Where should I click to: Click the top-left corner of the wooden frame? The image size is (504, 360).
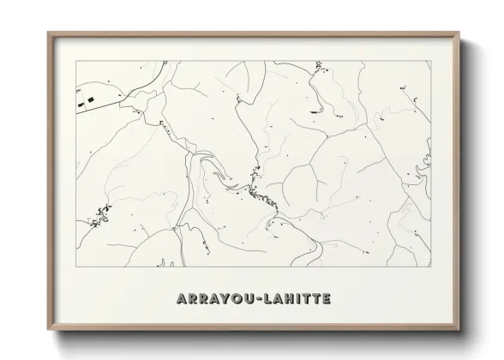coord(48,33)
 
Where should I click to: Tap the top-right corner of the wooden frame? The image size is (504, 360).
coord(460,33)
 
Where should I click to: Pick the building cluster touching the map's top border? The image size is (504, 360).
coord(318,64)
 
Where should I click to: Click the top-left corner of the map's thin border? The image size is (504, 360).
coord(77,60)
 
